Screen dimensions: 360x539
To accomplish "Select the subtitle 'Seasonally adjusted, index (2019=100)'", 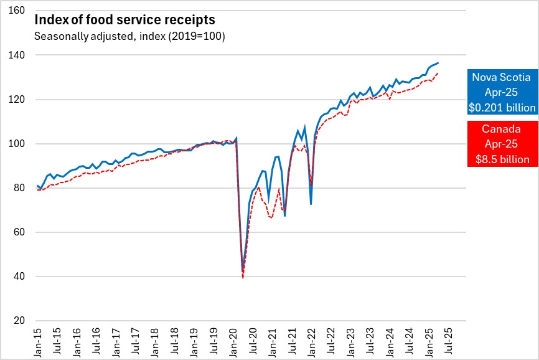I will tap(129, 36).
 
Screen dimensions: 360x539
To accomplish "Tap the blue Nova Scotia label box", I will tap(501, 92).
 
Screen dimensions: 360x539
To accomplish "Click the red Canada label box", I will tap(501, 144).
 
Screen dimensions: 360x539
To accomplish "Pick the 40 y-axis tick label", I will tap(19, 277).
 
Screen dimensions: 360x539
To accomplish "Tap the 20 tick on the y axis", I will tap(19, 321).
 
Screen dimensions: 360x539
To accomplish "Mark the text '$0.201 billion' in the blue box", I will tap(501, 108).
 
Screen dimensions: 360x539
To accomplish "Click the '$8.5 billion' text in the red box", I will tap(501, 160).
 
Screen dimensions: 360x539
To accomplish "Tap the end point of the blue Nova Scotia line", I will tap(438, 63).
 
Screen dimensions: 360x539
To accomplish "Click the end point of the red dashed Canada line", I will tap(438, 73).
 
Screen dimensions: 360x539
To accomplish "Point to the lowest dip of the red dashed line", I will tap(242, 278).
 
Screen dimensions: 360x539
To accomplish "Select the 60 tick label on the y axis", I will tap(19, 232).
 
